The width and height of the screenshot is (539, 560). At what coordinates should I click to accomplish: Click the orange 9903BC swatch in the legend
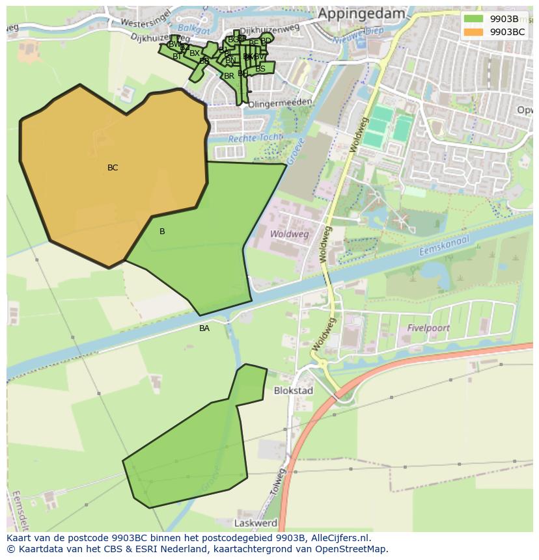click(x=474, y=32)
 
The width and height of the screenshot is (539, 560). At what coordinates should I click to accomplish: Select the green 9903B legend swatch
click(x=474, y=19)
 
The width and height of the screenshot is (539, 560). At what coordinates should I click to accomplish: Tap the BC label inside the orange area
click(x=113, y=168)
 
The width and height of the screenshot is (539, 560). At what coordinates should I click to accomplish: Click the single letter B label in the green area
click(x=162, y=232)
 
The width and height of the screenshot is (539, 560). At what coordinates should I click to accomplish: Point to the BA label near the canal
click(x=204, y=328)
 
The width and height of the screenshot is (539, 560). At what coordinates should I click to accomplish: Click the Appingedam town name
click(x=361, y=14)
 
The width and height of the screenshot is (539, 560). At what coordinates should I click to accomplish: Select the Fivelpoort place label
click(x=428, y=328)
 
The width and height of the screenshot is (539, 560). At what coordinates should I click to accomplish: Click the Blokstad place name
click(x=294, y=391)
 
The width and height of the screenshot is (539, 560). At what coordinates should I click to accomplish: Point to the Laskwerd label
click(x=256, y=523)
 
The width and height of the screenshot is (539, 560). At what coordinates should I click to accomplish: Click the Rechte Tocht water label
click(x=255, y=138)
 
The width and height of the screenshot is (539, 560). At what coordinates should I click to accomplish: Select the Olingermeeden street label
click(x=281, y=103)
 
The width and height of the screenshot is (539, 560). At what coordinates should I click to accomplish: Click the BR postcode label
click(x=228, y=76)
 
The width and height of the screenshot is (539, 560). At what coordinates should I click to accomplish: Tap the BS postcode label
click(x=260, y=68)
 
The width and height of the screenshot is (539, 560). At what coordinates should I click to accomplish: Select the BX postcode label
click(x=195, y=53)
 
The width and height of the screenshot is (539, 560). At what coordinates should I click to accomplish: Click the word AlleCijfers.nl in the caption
click(x=340, y=538)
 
